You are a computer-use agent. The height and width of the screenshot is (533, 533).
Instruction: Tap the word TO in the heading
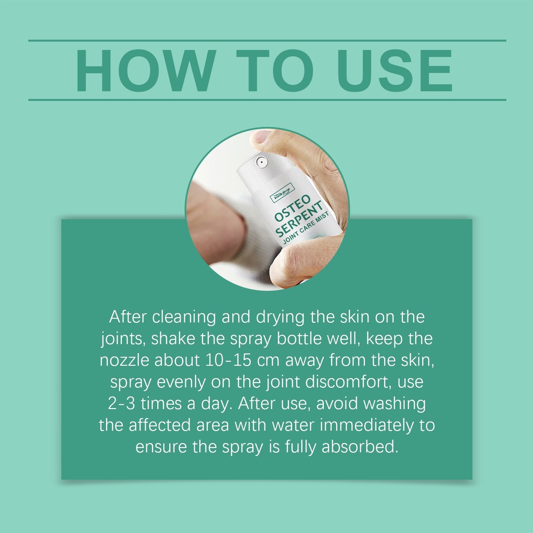275,70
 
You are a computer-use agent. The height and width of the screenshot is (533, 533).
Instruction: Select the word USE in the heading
395,70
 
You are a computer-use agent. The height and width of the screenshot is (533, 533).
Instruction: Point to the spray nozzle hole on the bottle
261,162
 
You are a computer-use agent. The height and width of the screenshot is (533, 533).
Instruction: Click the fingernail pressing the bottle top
261,137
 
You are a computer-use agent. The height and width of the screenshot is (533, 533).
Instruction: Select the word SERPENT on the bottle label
299,219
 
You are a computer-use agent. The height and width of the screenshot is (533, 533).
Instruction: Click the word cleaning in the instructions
184,318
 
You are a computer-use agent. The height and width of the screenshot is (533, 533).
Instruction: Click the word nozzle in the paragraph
124,360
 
